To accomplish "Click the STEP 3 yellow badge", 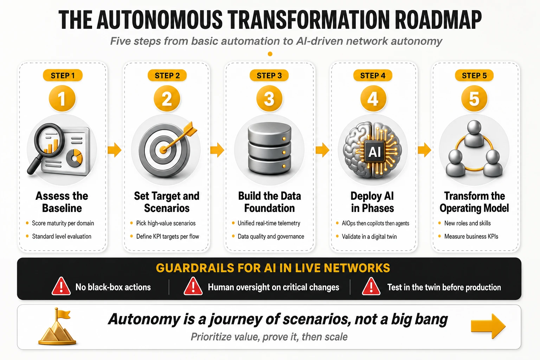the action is pos(269,76).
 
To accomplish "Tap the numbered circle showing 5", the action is pos(474,99).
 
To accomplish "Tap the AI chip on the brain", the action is pos(374,152).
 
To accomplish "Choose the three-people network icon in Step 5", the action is pos(474,149).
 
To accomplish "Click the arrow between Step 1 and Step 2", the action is pos(115,150).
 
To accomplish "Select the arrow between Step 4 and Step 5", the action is pos(425,150).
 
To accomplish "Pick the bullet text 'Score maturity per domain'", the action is pos(63,223).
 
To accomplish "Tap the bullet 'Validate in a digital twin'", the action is pos(369,237).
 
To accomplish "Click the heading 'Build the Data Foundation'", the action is pos(270,202).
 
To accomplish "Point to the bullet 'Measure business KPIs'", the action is pos(471,236).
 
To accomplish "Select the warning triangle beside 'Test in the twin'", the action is pos(371,286).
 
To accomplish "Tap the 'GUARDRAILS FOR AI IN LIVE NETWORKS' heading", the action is pos(273,268).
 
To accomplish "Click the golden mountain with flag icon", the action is pos(57,326).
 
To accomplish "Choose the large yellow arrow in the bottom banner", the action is pos(488,326).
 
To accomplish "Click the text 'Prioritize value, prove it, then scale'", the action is pos(269,337).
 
